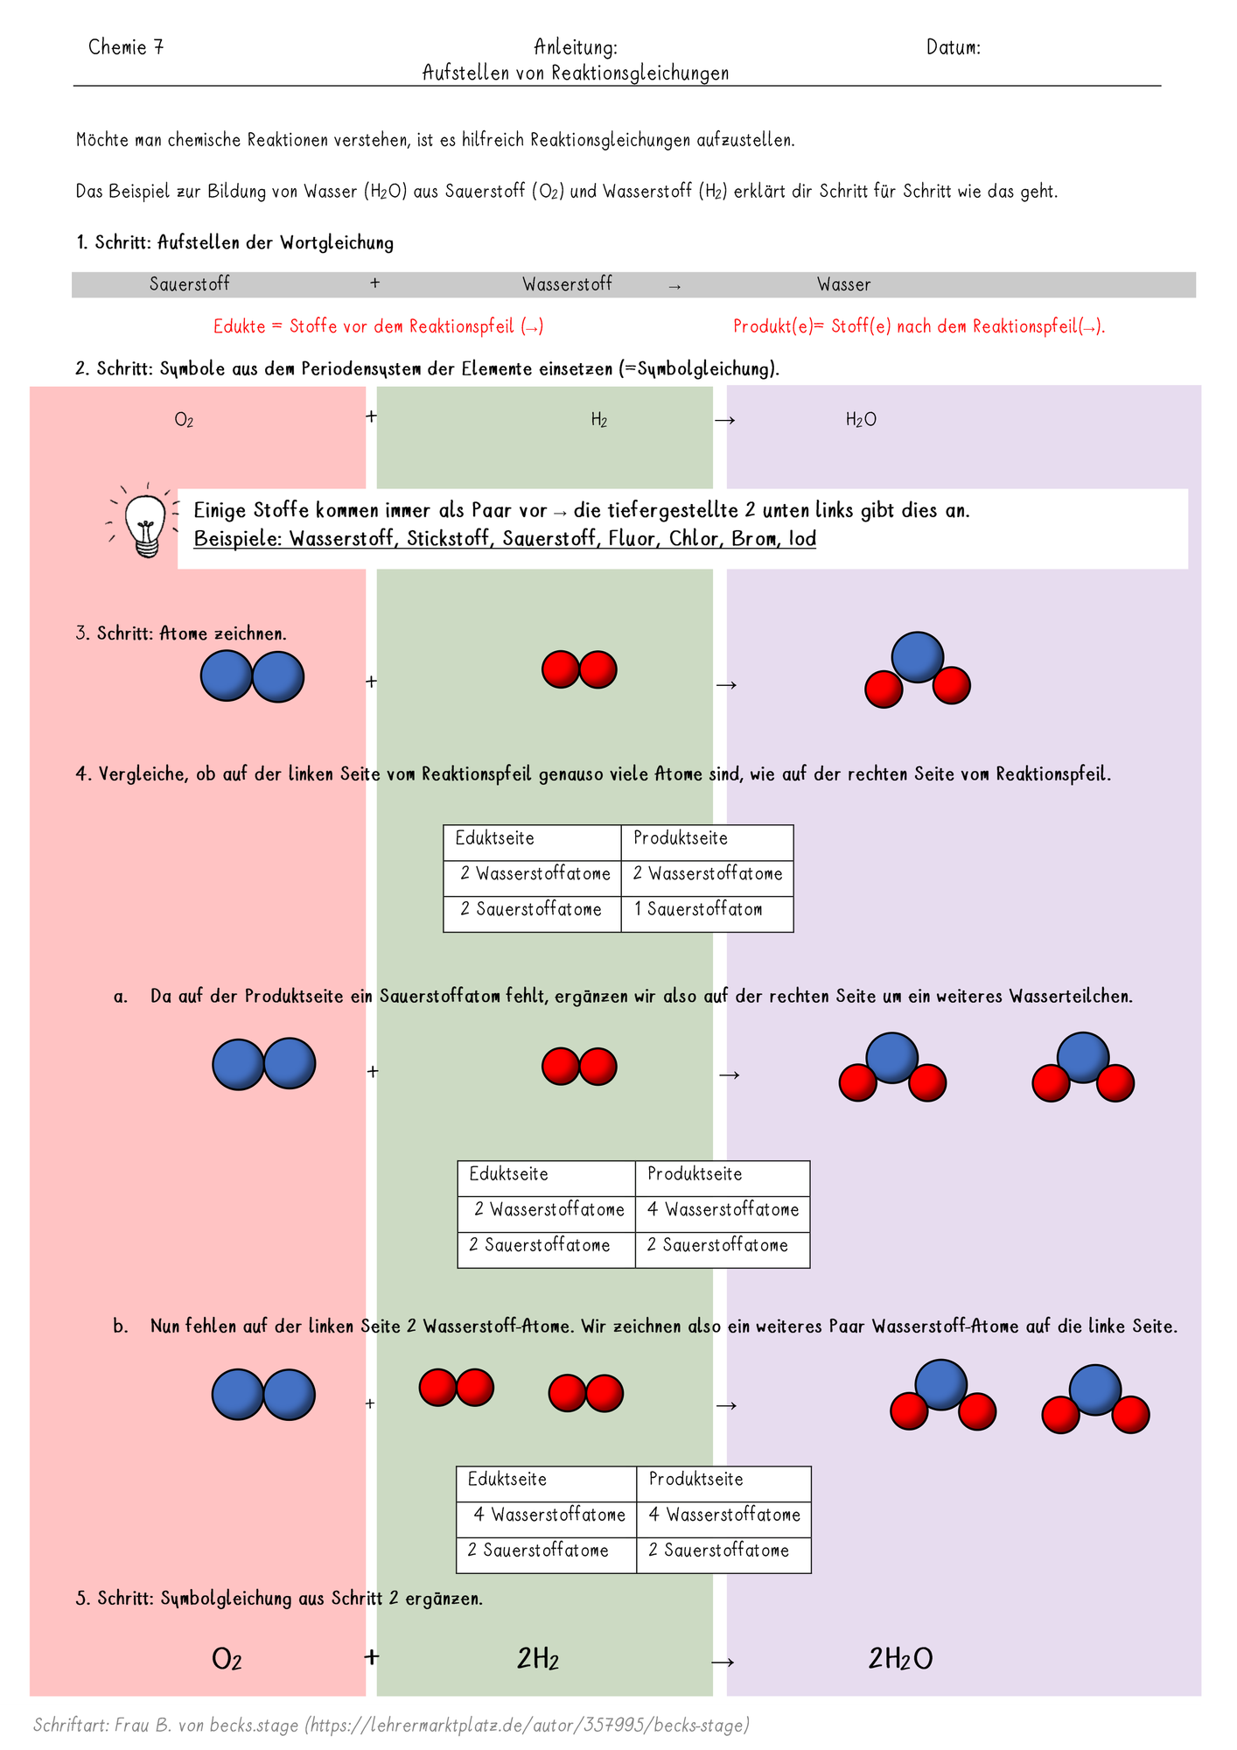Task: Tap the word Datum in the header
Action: [950, 47]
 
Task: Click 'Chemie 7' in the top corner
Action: [126, 47]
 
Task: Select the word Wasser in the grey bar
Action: [843, 284]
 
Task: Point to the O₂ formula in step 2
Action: [184, 420]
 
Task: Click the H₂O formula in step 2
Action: [861, 420]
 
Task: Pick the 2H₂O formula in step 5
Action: [900, 1659]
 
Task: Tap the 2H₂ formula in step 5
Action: [538, 1659]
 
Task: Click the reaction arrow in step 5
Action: [723, 1662]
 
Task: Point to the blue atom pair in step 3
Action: [252, 676]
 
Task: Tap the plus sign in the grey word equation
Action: [375, 283]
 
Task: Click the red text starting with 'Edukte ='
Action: [379, 326]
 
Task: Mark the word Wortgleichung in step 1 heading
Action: [337, 243]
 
